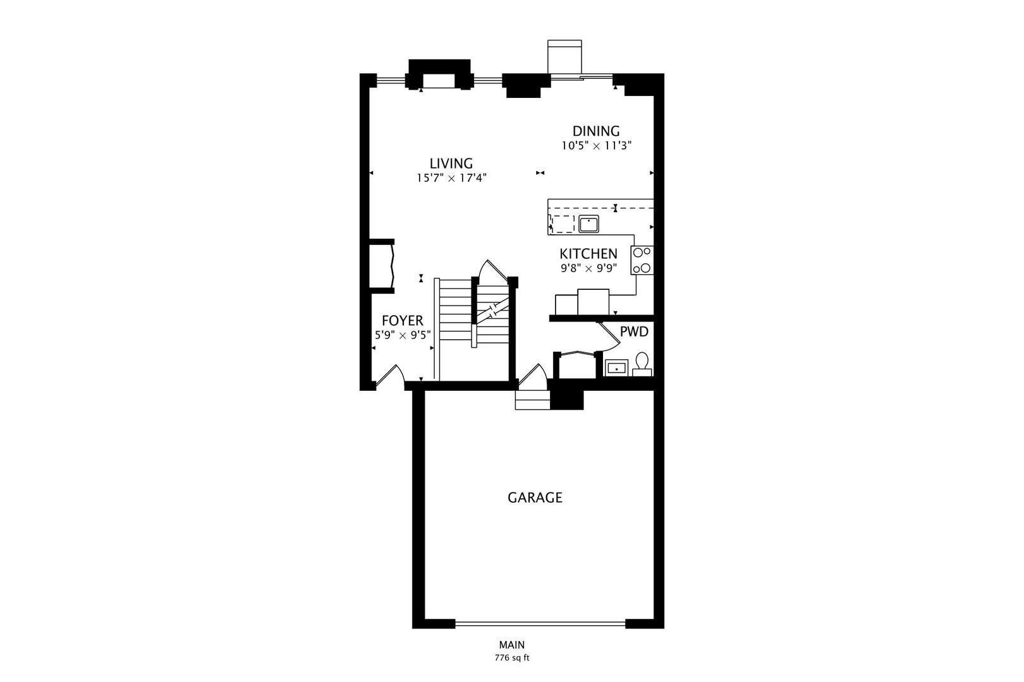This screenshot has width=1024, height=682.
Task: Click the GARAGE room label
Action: tap(535, 498)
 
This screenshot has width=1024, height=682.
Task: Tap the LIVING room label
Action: tap(451, 164)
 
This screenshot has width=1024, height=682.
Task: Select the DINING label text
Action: tap(595, 131)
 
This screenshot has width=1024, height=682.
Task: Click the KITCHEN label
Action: tap(588, 254)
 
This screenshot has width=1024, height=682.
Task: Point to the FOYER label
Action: tap(402, 321)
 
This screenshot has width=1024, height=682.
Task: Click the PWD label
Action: tap(633, 332)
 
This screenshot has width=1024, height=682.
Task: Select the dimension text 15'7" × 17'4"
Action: tap(451, 179)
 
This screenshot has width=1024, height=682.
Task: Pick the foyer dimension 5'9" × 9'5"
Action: tap(403, 335)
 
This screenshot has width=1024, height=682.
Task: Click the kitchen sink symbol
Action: tap(588, 223)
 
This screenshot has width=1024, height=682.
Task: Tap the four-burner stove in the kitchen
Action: tap(642, 260)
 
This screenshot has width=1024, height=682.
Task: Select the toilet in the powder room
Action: tap(642, 364)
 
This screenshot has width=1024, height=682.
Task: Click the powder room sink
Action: tap(616, 367)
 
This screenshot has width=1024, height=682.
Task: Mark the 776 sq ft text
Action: tap(511, 658)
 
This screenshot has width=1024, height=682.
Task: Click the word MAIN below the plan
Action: tap(511, 645)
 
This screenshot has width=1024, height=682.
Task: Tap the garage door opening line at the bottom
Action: tap(540, 624)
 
